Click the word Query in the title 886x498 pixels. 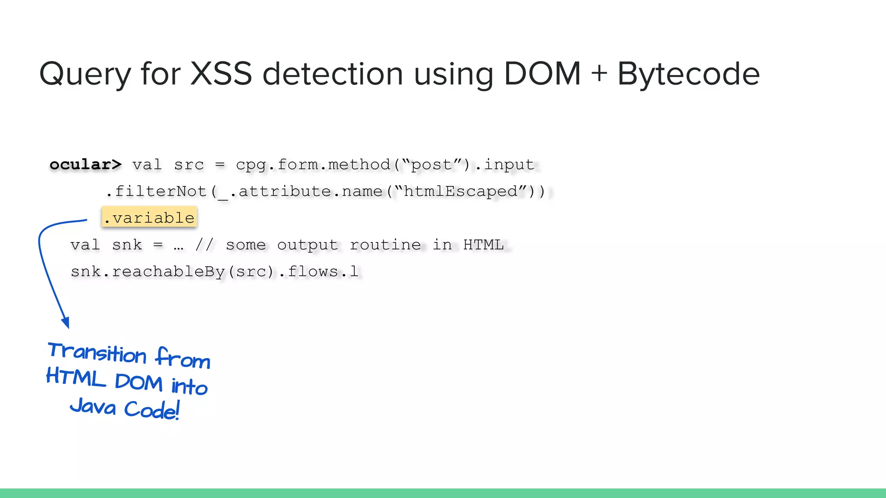[x=85, y=74]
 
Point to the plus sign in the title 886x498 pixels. [x=599, y=73]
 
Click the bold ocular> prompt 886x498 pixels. [x=86, y=165]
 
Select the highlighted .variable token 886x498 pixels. [x=150, y=217]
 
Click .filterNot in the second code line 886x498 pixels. [x=157, y=191]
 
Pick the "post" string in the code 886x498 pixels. [x=432, y=165]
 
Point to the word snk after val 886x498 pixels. [x=127, y=245]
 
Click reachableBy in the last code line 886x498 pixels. [x=169, y=271]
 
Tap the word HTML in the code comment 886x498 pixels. [x=483, y=245]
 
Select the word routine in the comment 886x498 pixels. [x=385, y=245]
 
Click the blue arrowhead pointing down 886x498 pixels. [x=66, y=322]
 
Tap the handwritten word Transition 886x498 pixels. [x=97, y=352]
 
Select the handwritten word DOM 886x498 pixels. [x=138, y=383]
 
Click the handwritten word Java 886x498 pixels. [x=93, y=406]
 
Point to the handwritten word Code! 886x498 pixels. [x=152, y=409]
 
